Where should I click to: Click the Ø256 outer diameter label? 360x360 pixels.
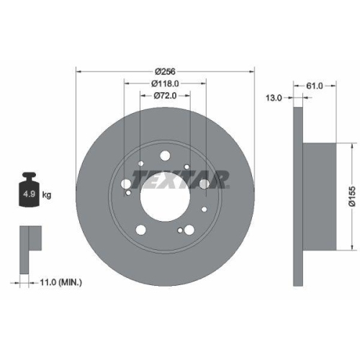click(x=166, y=71)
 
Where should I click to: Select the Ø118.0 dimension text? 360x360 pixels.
click(x=166, y=84)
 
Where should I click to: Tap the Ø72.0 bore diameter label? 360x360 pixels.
click(x=166, y=96)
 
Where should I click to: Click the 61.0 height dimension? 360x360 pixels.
click(x=315, y=86)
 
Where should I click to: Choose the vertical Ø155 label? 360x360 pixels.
click(x=351, y=194)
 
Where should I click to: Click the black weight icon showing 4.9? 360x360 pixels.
click(x=30, y=191)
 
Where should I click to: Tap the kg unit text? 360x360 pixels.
click(x=48, y=194)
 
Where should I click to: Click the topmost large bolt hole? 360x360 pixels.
click(x=165, y=153)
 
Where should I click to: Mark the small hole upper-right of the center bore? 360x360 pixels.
click(x=187, y=167)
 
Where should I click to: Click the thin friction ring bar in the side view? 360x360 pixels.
click(x=297, y=194)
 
